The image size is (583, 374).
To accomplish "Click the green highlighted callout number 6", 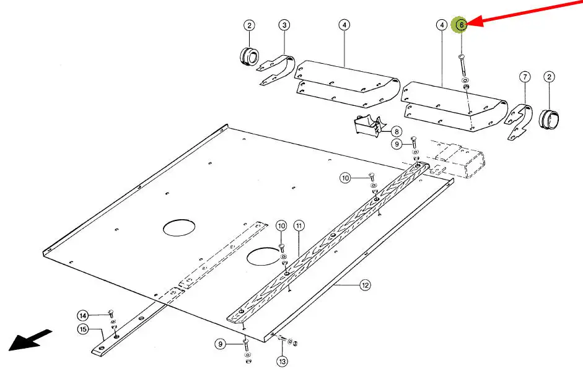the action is point(461,25).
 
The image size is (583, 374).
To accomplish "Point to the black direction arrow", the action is point(30,340).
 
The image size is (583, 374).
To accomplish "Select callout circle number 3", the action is point(284,25).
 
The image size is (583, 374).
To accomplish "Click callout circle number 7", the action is point(525,77).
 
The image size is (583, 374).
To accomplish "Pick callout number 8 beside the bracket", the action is point(397,132).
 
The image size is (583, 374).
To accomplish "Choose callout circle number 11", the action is point(299,225).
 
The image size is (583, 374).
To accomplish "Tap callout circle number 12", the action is point(365,285).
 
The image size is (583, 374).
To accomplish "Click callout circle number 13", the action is point(282,361).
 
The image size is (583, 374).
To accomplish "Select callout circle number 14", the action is point(83,316).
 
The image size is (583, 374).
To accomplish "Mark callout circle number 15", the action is point(83,329).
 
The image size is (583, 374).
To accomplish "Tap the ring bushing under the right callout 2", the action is point(549,119).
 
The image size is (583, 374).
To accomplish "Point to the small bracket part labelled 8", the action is point(369,126).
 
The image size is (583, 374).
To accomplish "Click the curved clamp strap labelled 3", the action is point(277,70).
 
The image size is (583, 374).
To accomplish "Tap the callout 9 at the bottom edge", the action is point(221,344).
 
